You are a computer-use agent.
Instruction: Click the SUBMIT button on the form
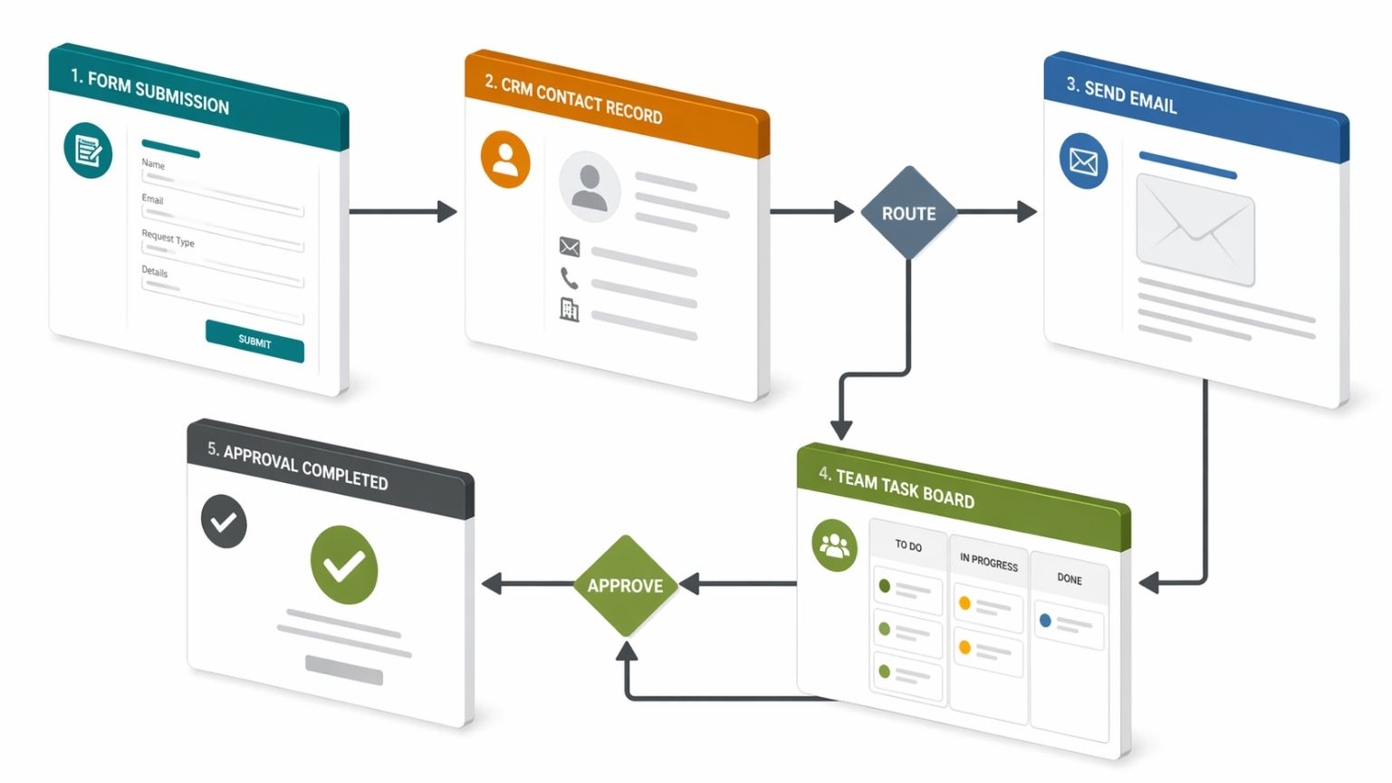coord(254,341)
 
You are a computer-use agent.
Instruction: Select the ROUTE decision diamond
coord(908,213)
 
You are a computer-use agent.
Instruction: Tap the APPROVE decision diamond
coord(625,585)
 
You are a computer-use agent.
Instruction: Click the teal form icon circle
coord(88,150)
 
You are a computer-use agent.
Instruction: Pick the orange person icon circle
coord(505,159)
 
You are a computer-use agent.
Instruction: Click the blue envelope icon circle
coord(1083,161)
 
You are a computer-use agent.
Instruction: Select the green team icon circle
coord(834,546)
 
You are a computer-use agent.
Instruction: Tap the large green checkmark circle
coord(344,565)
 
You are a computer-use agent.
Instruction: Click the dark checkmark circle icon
coord(224,522)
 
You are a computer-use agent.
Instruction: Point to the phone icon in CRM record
coord(569,277)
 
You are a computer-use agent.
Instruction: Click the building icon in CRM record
coord(569,310)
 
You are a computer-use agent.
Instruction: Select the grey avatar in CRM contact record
coord(590,187)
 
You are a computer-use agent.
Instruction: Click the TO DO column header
coord(908,546)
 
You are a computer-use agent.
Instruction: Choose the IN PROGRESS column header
coord(989,563)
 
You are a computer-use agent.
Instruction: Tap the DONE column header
coord(1070,578)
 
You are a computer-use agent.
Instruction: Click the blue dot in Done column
coord(1045,621)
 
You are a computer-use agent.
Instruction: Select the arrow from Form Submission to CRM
coord(402,211)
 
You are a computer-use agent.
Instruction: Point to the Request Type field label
coord(168,238)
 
